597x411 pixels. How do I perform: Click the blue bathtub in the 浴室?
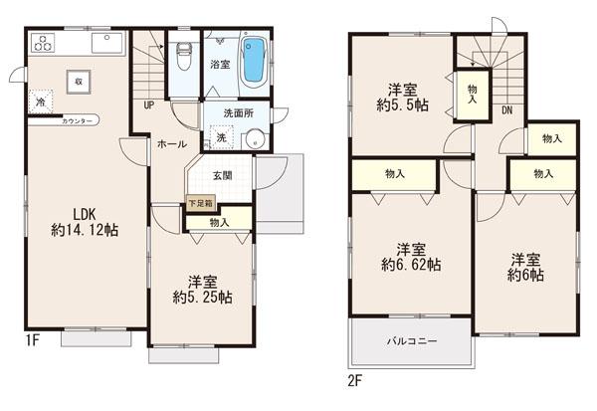coord(254,60)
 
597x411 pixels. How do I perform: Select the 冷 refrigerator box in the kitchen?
coord(41,103)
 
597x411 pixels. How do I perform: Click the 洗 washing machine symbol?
coord(221,138)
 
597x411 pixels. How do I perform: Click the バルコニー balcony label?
coord(408,341)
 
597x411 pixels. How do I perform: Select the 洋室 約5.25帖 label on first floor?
coord(202,288)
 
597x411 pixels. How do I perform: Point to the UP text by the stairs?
coord(148,104)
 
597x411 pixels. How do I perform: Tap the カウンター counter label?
coord(78,120)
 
